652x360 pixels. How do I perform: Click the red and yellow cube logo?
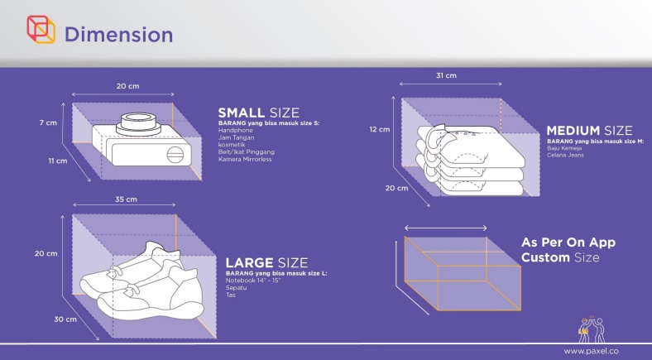(41, 30)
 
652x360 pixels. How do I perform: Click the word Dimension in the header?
(118, 35)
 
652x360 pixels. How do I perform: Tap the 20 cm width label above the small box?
(127, 86)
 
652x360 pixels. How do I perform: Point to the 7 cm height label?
(48, 122)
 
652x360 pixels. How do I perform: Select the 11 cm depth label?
(57, 161)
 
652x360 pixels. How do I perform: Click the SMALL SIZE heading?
(259, 113)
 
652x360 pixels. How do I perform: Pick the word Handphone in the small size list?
(235, 131)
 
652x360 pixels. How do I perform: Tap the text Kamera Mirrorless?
(245, 159)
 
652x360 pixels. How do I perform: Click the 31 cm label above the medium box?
(446, 75)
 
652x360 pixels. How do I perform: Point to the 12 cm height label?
(380, 129)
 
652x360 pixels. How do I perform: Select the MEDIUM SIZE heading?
(589, 131)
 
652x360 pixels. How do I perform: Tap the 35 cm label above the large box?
(126, 199)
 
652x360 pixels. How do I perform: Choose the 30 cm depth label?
(65, 319)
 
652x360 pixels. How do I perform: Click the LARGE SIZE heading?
(266, 262)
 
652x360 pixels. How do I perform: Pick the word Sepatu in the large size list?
(236, 288)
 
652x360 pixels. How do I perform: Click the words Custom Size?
(560, 257)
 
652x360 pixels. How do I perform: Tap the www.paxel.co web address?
(591, 351)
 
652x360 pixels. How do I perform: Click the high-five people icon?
(592, 329)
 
